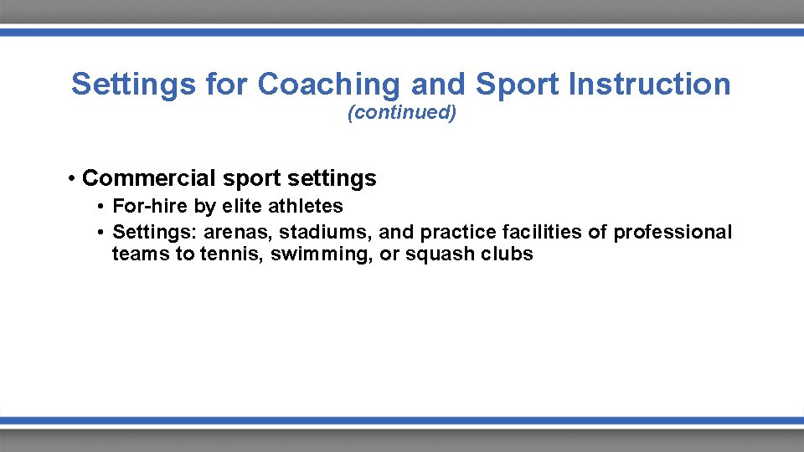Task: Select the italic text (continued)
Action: (402, 113)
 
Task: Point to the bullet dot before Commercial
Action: (74, 178)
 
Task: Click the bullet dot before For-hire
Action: (100, 207)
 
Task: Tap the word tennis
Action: (231, 254)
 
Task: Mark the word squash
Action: (441, 254)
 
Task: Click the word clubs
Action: (508, 254)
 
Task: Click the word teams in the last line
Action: (141, 254)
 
